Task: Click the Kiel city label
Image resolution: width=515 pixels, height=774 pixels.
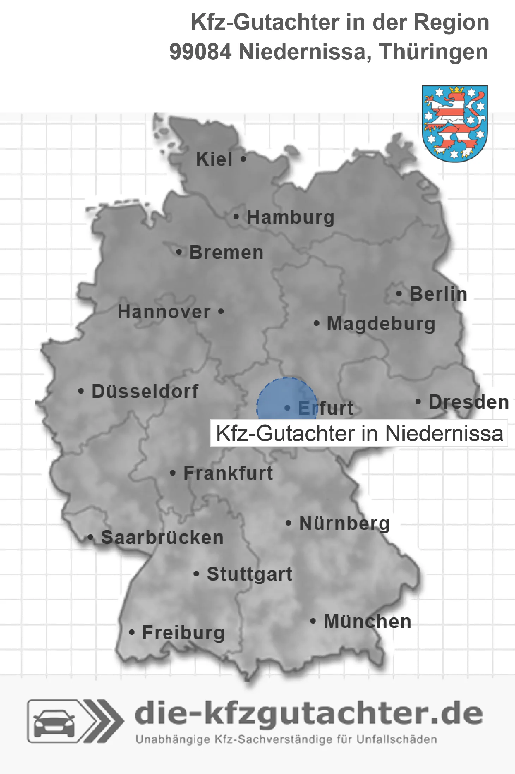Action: click(214, 159)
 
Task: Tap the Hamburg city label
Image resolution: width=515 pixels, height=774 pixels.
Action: click(291, 217)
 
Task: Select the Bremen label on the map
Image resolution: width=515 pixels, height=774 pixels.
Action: click(226, 253)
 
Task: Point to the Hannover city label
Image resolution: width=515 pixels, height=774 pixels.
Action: click(164, 312)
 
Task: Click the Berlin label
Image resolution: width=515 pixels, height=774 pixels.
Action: click(438, 294)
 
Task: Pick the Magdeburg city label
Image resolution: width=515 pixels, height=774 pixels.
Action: click(381, 323)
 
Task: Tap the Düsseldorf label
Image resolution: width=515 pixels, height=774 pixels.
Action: click(145, 391)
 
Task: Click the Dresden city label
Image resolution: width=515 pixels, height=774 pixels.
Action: click(469, 402)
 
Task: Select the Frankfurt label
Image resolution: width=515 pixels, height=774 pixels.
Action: click(228, 473)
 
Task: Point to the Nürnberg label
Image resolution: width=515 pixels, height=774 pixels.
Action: click(344, 523)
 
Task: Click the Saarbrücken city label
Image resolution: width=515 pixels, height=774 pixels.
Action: click(162, 538)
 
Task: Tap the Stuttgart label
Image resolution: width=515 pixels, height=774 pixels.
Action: click(249, 574)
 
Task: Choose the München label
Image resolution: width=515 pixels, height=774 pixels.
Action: click(368, 621)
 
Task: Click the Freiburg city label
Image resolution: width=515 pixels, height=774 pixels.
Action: click(183, 633)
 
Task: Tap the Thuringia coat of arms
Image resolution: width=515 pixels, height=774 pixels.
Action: click(455, 123)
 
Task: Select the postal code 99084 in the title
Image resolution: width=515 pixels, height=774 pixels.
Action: click(200, 52)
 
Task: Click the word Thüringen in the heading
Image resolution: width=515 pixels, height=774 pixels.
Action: click(434, 52)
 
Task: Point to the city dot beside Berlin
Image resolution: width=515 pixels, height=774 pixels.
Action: click(399, 294)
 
